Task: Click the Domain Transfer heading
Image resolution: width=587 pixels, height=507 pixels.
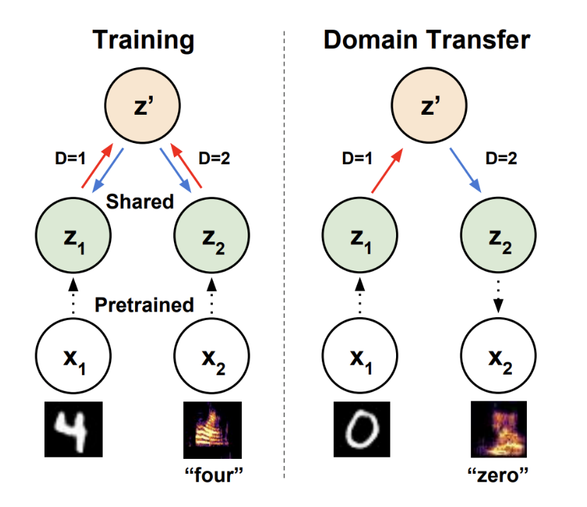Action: pos(426,40)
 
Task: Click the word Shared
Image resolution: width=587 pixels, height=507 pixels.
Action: pos(140,201)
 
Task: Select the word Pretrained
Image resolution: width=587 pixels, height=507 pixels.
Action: pos(144,305)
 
